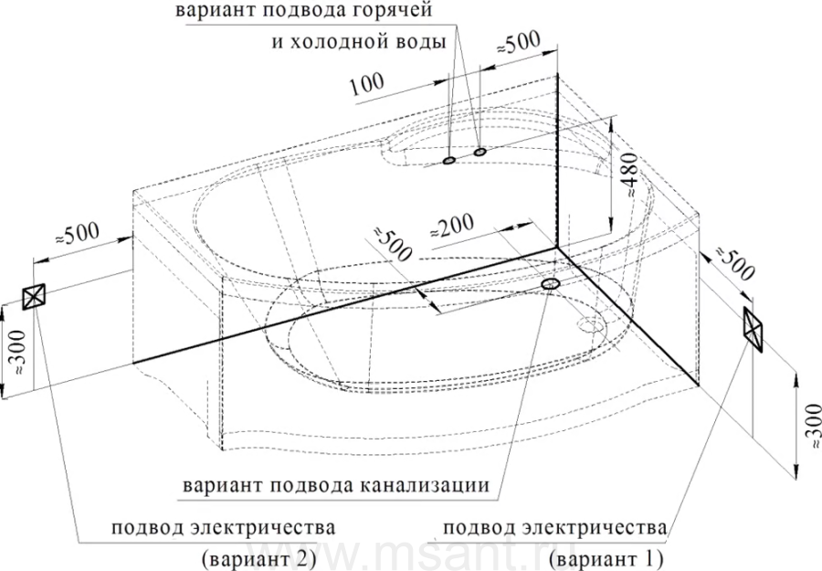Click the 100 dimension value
click(x=366, y=84)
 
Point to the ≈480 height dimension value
click(x=629, y=175)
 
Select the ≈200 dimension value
click(x=452, y=226)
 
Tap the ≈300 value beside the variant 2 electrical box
click(x=18, y=352)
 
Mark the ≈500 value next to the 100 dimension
click(x=518, y=44)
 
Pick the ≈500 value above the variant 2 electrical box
click(x=77, y=235)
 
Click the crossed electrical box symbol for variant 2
click(x=34, y=297)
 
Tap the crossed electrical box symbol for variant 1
click(x=753, y=330)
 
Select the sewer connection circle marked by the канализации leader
click(x=551, y=284)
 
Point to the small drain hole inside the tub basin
click(x=591, y=324)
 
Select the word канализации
click(x=425, y=485)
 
